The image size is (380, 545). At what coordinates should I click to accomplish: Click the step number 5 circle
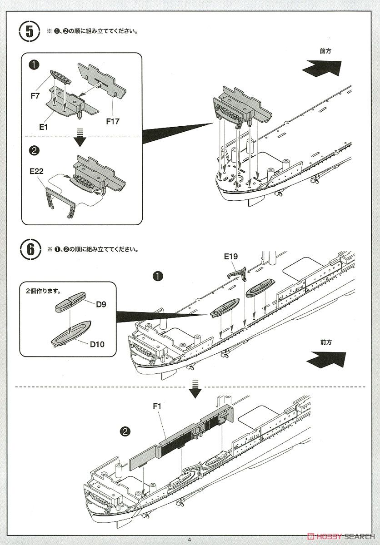pos(29,33)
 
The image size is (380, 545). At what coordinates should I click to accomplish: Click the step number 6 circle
pos(29,249)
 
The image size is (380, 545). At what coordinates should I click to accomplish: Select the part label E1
pos(44,128)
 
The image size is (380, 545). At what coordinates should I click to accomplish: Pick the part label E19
pos(230,257)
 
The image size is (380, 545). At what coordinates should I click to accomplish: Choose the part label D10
pos(97,344)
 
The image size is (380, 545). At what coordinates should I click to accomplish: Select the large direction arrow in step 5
pos(322,68)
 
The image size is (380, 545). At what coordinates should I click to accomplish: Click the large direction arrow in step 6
pos(325,360)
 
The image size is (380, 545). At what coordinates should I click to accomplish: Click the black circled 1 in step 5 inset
pos(35,65)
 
